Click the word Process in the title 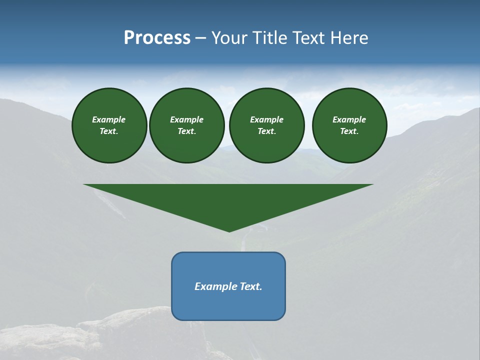point(157,38)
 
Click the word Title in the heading point(268,38)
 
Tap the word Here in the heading point(348,38)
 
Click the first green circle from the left point(109,125)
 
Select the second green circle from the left point(187,125)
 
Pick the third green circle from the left point(267,125)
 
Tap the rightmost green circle point(349,125)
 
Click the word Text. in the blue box point(250,286)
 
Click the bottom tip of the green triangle point(229,231)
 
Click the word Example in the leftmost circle point(109,119)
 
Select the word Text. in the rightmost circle point(349,131)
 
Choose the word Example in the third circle point(267,119)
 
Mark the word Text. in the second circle point(187,131)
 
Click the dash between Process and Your point(200,38)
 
